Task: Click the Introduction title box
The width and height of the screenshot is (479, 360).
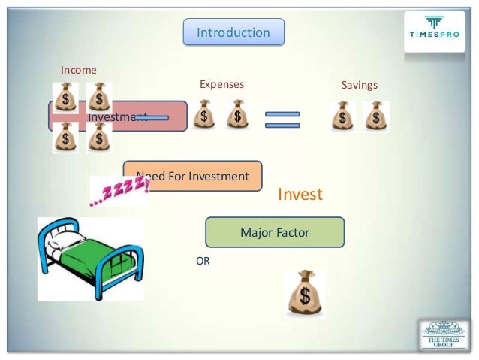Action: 233,32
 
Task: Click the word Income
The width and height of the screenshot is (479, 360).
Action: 79,70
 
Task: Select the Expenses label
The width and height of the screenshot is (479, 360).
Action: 221,85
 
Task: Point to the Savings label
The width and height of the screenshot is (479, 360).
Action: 359,85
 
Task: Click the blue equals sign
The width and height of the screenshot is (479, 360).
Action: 282,119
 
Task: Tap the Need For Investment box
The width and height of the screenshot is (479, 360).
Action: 193,176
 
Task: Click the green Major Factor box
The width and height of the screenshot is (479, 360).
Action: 274,233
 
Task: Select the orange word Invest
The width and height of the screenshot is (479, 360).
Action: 300,195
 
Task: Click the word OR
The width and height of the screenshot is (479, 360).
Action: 203,262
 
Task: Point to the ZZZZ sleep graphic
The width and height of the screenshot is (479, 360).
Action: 118,192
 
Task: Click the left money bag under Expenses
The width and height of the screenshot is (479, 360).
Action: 203,115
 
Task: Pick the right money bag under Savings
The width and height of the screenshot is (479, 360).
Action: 376,116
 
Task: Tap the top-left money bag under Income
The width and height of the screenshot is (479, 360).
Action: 65,97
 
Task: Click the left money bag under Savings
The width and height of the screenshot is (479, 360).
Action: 342,116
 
